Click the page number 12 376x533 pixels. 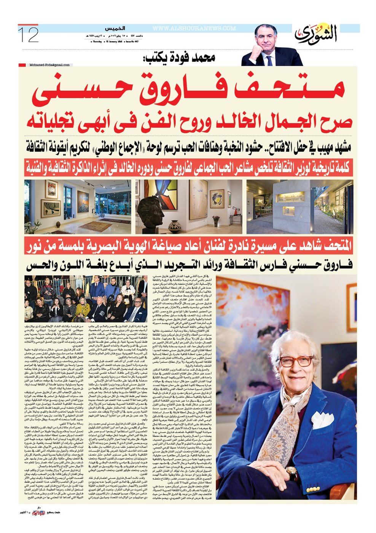pos(29,35)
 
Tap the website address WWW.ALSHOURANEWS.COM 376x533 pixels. pos(194,28)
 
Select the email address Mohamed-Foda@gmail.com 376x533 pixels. pos(49,65)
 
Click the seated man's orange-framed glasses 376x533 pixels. pos(295,362)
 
